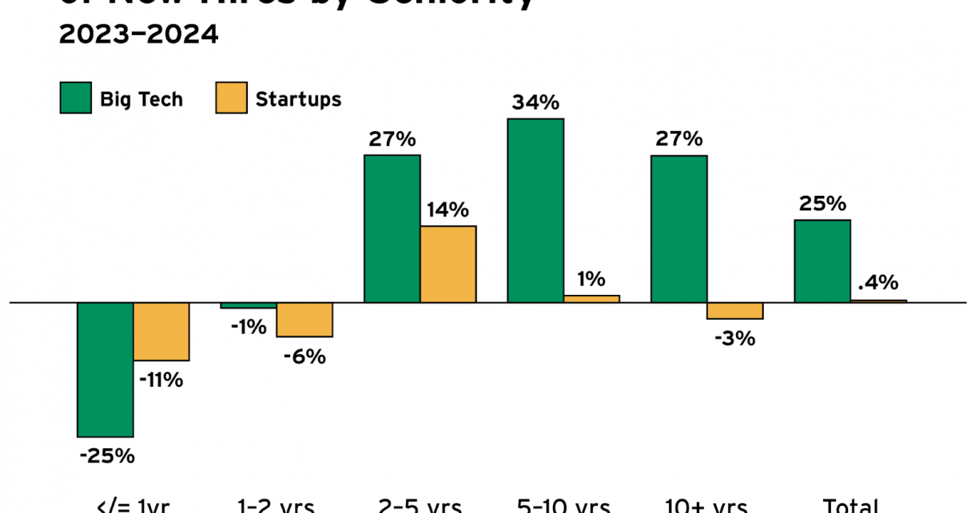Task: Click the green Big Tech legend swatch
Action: tap(76, 99)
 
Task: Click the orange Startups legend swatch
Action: tap(231, 99)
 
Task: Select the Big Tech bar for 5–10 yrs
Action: tap(535, 210)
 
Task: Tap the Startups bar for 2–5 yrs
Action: tap(448, 264)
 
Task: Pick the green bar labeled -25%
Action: tap(105, 369)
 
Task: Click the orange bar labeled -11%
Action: tap(161, 332)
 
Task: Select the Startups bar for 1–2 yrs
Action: tap(304, 320)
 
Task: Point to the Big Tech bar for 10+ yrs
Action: tap(678, 229)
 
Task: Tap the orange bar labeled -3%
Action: tap(735, 311)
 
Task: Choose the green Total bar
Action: tap(822, 260)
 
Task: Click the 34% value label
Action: tap(535, 102)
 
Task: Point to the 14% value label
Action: tap(448, 210)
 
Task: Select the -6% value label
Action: tap(304, 356)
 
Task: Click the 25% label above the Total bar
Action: tap(822, 204)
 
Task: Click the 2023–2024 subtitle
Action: tap(138, 35)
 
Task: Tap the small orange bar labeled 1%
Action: tap(591, 299)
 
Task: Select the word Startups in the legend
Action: tap(298, 99)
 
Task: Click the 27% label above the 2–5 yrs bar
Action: tap(392, 139)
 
